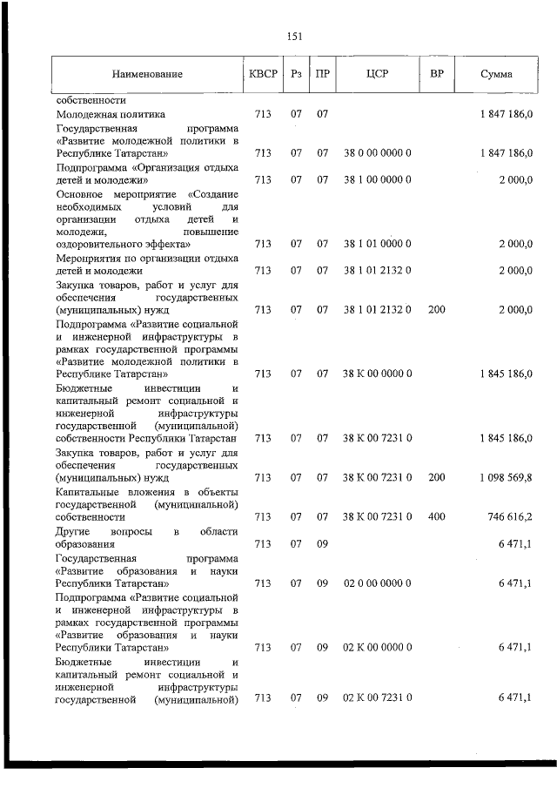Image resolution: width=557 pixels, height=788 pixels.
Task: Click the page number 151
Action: point(293,36)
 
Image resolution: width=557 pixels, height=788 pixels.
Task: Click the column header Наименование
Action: point(147,75)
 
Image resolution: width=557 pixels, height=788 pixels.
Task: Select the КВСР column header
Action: point(263,74)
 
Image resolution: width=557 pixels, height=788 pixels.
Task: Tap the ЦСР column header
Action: point(377,74)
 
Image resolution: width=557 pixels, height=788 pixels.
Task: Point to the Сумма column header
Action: point(496,74)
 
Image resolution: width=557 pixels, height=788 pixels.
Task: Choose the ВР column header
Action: point(437,74)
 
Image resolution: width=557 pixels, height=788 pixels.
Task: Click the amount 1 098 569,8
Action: point(506,477)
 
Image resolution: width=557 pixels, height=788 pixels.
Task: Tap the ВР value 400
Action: point(437,516)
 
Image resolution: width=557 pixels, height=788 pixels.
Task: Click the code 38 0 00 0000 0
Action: point(377,153)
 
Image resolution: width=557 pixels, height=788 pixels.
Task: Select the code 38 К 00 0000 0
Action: point(377,374)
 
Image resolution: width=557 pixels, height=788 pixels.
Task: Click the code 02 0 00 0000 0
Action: point(377,582)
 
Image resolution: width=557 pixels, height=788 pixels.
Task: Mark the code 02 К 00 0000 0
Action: point(377,647)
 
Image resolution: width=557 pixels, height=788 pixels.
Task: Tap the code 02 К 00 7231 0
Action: point(377,698)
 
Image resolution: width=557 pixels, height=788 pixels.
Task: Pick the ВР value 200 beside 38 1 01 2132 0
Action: point(437,309)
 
